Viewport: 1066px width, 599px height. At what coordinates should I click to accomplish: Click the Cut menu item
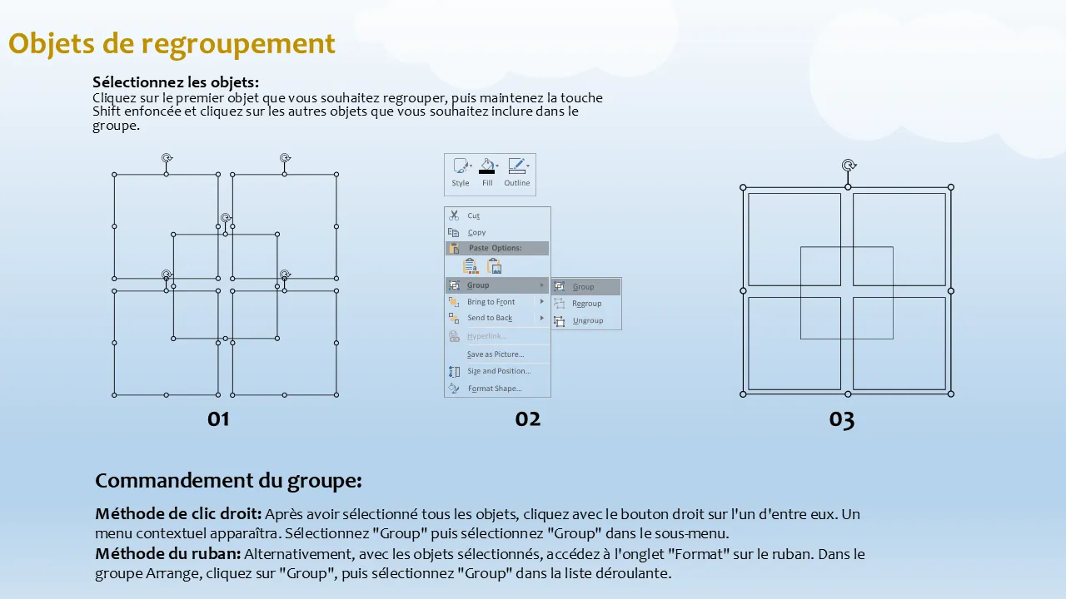coord(473,215)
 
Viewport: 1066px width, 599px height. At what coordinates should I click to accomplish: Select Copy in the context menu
coord(476,232)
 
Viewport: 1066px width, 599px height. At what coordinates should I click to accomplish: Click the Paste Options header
coord(495,248)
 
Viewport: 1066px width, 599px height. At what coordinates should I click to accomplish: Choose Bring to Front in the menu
coord(491,302)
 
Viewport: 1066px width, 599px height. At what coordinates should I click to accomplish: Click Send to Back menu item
coord(490,318)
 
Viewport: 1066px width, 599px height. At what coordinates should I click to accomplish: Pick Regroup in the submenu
coord(586,304)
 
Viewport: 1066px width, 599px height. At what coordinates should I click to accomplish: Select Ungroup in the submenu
coord(588,320)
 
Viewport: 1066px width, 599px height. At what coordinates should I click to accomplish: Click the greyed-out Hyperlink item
coord(486,336)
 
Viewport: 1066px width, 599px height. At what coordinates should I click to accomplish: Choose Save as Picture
coord(496,354)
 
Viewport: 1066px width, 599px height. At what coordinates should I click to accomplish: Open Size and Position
coord(499,371)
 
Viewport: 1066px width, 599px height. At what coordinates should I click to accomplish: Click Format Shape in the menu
coord(495,389)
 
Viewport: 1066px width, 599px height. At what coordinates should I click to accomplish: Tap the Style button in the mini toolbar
coord(461,172)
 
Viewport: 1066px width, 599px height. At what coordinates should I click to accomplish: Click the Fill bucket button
coord(487,172)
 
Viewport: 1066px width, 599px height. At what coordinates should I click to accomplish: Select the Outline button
coord(517,172)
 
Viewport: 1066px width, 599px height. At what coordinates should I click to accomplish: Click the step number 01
coord(218,419)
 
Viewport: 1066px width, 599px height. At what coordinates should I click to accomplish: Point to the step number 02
coord(528,419)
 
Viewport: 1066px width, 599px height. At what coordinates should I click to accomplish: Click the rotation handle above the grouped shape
coord(849,165)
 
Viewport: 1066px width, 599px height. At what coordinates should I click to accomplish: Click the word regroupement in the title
coord(238,44)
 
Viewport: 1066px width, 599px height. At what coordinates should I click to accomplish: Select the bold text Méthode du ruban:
coord(168,554)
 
